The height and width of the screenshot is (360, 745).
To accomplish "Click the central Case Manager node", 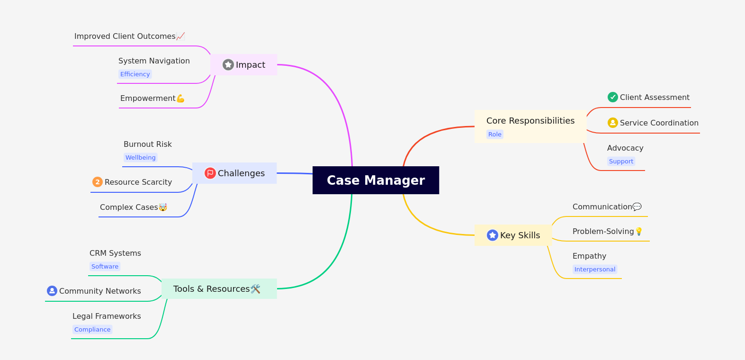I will point(376,180).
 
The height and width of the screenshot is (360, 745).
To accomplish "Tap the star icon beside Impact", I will point(228,64).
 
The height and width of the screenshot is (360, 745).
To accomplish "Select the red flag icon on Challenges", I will point(210,173).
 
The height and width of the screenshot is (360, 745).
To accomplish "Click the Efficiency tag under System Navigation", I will point(135,74).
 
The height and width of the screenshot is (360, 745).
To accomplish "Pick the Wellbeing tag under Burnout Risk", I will point(140,158).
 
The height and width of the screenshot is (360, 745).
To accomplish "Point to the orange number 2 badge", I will point(98,182).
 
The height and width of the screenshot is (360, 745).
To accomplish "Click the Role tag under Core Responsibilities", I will point(494,135).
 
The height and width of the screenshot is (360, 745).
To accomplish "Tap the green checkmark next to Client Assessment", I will point(613,97).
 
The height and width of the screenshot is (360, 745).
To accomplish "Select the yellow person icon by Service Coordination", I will point(613,123).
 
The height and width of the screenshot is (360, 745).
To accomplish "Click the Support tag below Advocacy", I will point(621,162).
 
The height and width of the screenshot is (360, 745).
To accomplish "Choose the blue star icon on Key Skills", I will point(493,235).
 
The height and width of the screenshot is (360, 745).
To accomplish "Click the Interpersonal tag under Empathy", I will point(595,270).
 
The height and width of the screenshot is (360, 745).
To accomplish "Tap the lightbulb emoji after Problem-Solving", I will point(639,231).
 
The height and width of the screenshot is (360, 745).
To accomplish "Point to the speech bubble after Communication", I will point(637,207).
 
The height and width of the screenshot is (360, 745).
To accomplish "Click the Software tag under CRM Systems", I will point(105,267).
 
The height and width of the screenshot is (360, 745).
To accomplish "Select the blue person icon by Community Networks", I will point(52,291).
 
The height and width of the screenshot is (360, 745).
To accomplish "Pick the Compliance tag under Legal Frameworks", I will point(92,330).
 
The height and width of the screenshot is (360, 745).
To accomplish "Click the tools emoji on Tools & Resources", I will point(256,289).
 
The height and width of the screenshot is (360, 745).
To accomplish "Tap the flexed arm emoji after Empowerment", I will point(180,99).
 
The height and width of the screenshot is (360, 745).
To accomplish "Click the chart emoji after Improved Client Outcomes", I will point(180,36).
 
